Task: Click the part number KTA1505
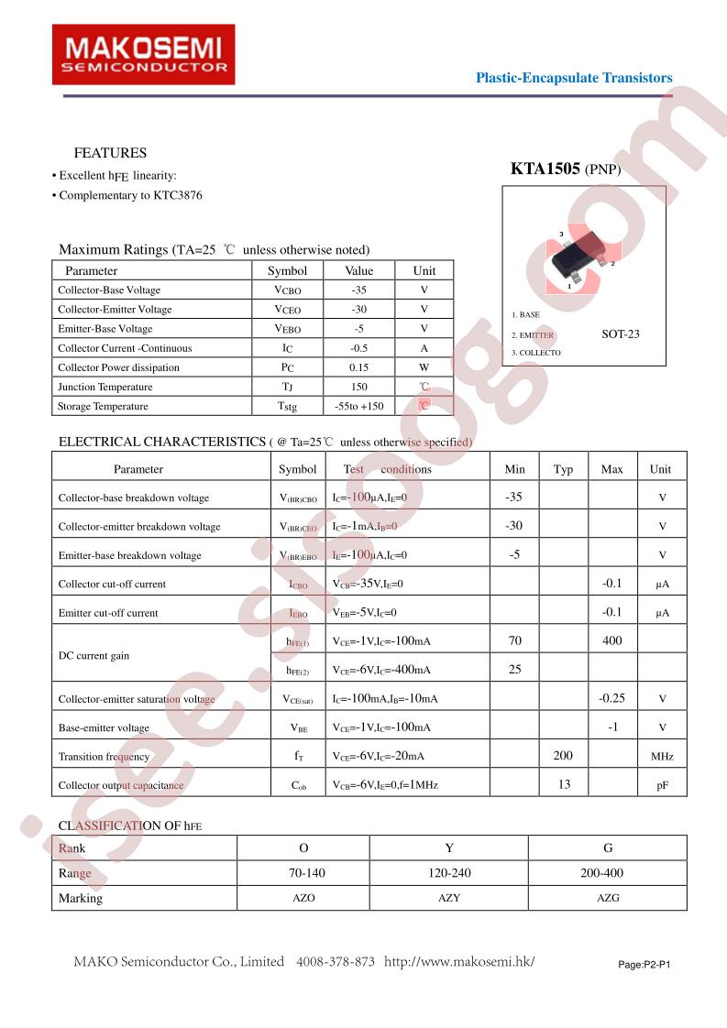545,169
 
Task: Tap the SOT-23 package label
621,334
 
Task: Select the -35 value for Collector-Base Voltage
358,290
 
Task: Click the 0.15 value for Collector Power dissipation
358,367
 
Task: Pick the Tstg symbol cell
287,406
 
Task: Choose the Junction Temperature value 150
358,387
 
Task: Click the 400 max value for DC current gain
611,641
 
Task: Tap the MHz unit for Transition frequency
661,757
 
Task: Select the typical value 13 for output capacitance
563,785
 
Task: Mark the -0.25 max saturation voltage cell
611,698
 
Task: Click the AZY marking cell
448,898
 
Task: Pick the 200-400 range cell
607,873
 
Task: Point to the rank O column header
303,848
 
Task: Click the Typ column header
563,469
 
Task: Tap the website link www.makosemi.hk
458,962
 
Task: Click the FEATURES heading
110,153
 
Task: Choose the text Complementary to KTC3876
129,195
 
